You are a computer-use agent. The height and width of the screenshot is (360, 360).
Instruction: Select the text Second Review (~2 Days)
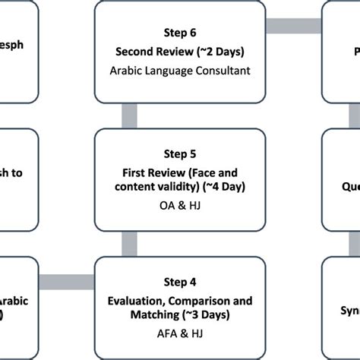pos(180,52)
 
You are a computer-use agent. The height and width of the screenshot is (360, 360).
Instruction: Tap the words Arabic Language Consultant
pos(180,71)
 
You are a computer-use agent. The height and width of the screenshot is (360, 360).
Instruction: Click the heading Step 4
pos(180,282)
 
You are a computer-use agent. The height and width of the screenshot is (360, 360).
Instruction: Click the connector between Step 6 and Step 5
pos(131,115)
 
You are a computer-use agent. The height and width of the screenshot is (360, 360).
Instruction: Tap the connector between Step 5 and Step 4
pos(131,243)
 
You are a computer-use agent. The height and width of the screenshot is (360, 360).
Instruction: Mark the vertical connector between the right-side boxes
pos(353,115)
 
